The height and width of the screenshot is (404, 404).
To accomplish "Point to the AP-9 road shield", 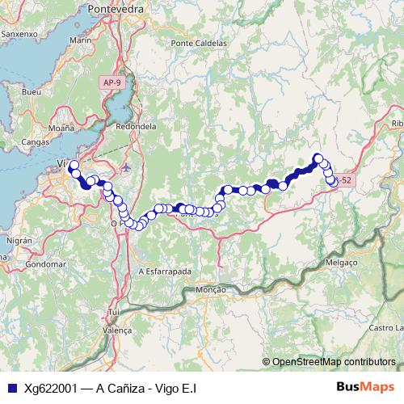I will tap(113, 82).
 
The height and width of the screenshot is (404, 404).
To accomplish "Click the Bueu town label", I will tap(32, 92).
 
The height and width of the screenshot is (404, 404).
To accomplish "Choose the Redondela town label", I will tap(136, 127).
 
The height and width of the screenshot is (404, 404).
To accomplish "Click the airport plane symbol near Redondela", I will tap(127, 167).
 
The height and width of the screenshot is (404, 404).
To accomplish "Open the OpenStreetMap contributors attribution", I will tap(333, 362).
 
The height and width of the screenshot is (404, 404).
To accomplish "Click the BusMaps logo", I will tap(364, 388).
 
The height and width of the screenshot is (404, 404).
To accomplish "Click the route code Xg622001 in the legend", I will tap(50, 388).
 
